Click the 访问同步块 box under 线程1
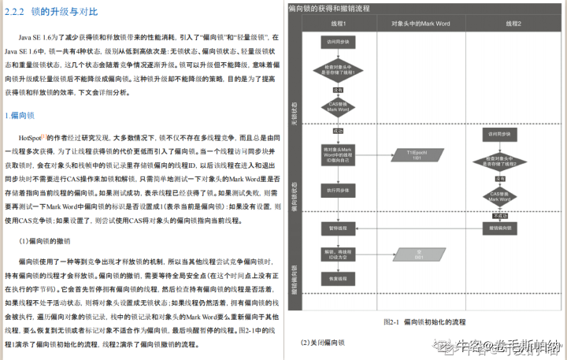click(334, 41)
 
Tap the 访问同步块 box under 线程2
click(499, 134)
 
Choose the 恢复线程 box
click(334, 279)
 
